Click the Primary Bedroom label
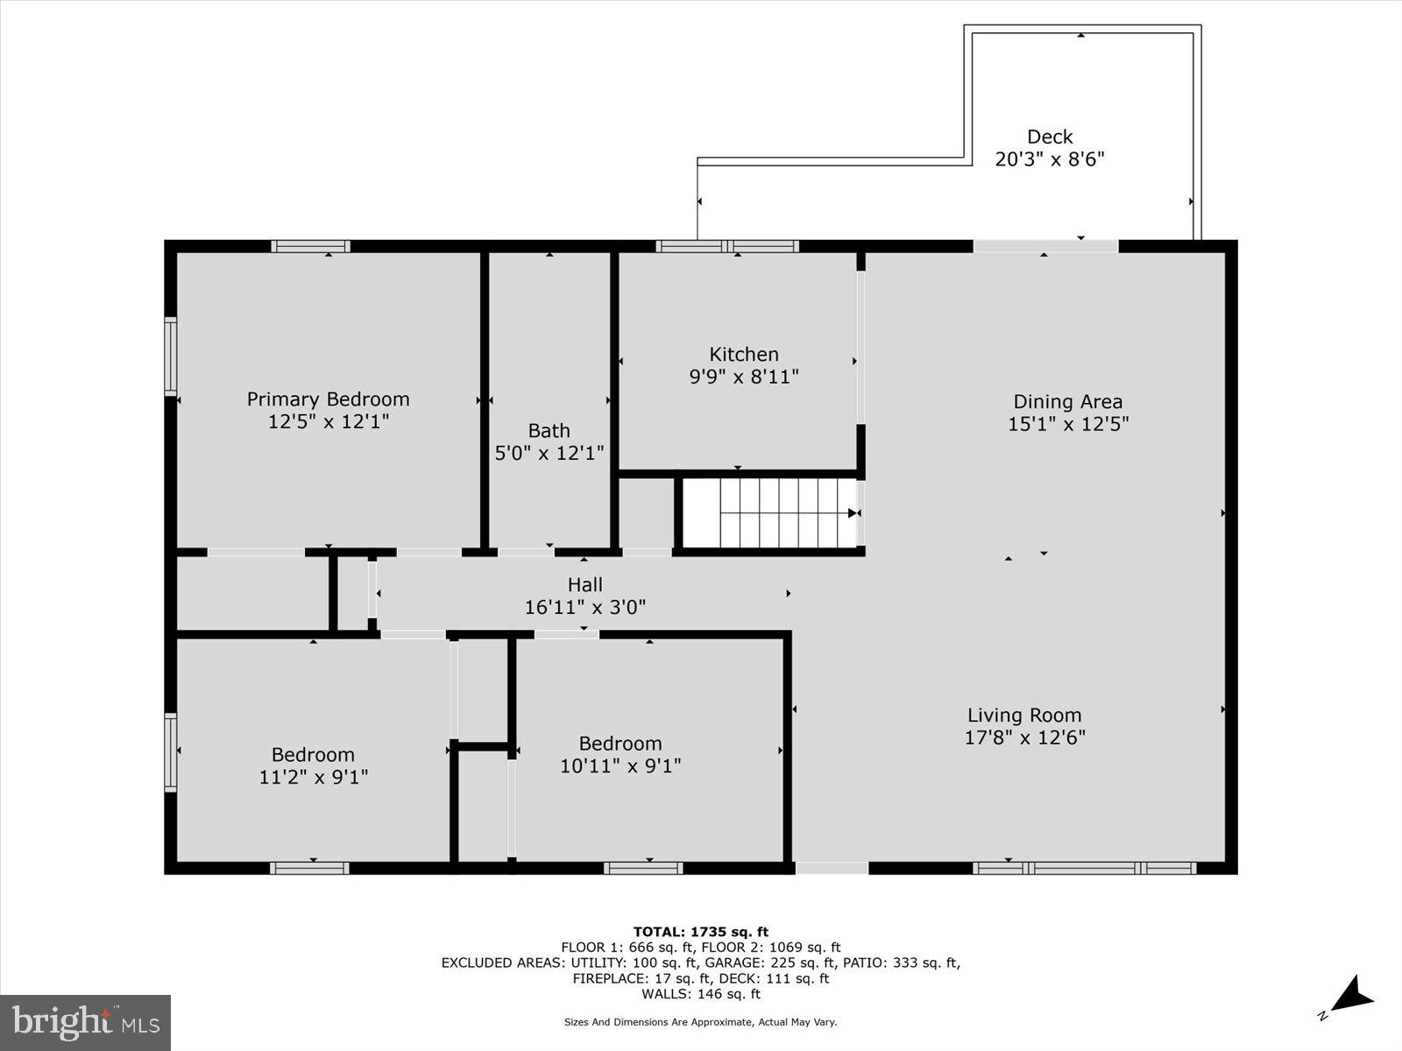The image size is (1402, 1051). [x=328, y=399]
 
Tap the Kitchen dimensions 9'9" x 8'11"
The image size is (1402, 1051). [x=744, y=377]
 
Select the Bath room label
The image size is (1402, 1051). [x=549, y=431]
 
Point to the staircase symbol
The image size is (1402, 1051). [x=769, y=512]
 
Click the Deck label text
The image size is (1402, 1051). [x=1050, y=137]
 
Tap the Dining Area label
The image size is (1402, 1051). [x=1067, y=402]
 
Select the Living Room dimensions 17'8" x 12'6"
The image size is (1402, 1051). [x=1024, y=737]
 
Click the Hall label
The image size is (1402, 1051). [x=584, y=584]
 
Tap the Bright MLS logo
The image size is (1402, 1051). [x=85, y=1022]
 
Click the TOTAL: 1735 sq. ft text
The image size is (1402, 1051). [x=700, y=932]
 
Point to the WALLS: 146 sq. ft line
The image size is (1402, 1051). [x=700, y=994]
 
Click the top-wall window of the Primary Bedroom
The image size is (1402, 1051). [x=310, y=246]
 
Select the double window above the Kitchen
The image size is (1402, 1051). [x=727, y=246]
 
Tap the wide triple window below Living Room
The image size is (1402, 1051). [x=1084, y=868]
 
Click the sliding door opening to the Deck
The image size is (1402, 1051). [x=1045, y=246]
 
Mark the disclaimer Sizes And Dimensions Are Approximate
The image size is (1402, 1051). [x=700, y=1022]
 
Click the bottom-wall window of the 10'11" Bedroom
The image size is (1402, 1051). [x=642, y=868]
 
